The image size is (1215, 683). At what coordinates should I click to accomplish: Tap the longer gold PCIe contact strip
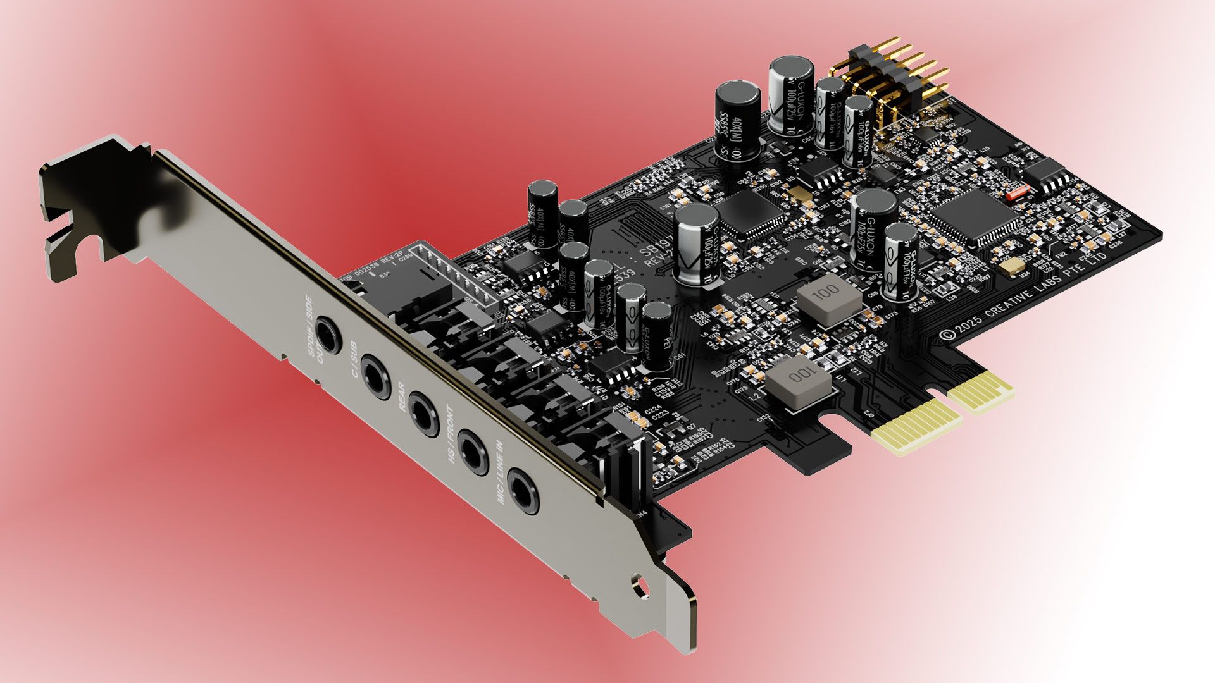pos(916,428)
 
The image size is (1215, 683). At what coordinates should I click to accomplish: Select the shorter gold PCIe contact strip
pos(980,391)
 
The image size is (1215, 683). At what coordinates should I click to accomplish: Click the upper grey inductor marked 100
pos(828,302)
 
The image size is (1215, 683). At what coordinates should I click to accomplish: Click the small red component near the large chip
pos(1018,192)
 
